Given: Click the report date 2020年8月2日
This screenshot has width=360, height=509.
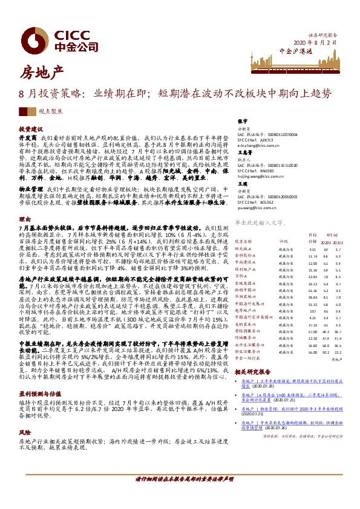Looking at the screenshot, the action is tap(314, 42).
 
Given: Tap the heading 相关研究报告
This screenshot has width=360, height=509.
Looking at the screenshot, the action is tap(256, 373).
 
